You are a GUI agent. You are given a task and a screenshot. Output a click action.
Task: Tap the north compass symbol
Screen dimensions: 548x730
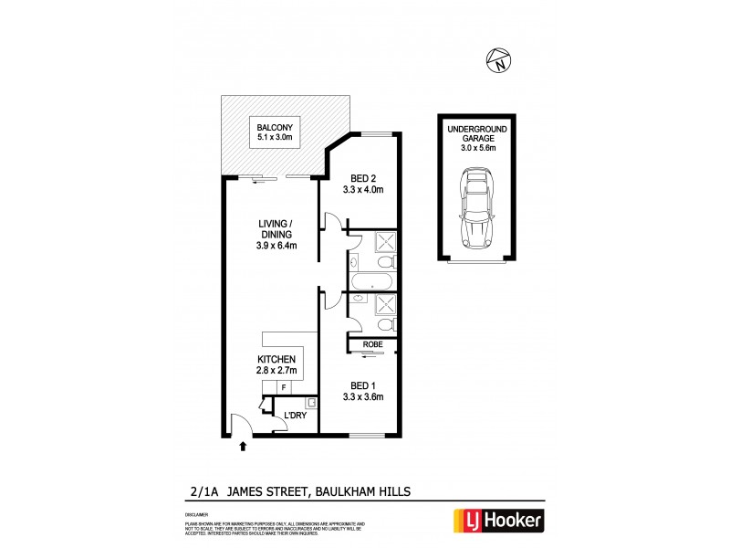coord(497,60)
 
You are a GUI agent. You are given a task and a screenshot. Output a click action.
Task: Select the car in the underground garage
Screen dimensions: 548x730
coord(477,212)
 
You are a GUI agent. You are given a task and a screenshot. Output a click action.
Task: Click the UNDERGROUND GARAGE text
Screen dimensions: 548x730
coord(477,136)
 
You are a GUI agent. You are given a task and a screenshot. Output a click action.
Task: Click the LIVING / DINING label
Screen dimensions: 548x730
coord(274,234)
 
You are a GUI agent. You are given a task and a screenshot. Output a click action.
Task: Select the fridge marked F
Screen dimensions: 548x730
coord(283,387)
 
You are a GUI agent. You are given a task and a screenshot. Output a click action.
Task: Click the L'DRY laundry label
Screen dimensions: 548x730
coord(294,416)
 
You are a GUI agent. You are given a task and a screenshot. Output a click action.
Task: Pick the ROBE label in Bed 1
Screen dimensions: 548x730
coord(371,344)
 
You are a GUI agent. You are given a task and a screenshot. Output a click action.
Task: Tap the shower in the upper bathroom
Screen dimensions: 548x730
coord(384,242)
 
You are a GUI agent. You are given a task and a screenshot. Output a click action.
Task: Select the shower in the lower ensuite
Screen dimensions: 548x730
coord(384,306)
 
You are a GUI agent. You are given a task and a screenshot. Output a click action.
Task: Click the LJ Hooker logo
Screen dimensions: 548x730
coord(500,522)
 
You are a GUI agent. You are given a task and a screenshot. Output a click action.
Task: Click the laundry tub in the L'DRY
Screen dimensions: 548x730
coord(311,402)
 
